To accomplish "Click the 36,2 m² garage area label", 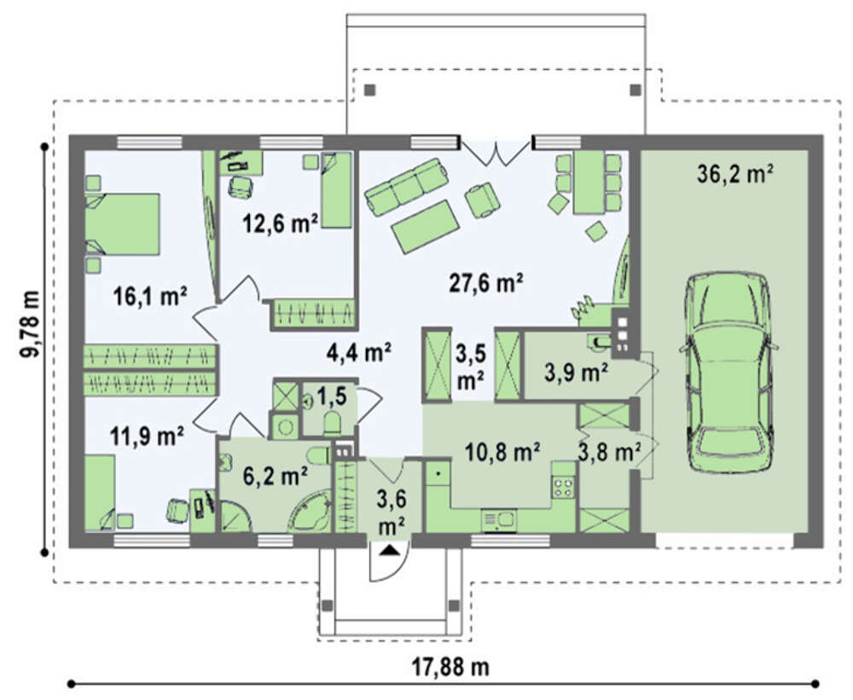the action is coord(735,175).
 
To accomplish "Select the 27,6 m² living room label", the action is coord(486,283).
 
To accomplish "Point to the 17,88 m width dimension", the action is coord(450,666).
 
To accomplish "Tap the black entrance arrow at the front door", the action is coord(390,551).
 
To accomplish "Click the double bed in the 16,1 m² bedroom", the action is coord(122,223).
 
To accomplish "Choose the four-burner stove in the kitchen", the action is coord(564,487).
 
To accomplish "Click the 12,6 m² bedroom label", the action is coord(281,223).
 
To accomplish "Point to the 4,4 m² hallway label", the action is coord(359,352).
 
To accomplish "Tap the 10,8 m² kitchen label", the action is coord(502,451).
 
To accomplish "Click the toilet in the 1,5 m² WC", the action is coord(331,423).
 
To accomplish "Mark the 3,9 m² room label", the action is coord(576,373).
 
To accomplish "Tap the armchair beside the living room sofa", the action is coord(482,200).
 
